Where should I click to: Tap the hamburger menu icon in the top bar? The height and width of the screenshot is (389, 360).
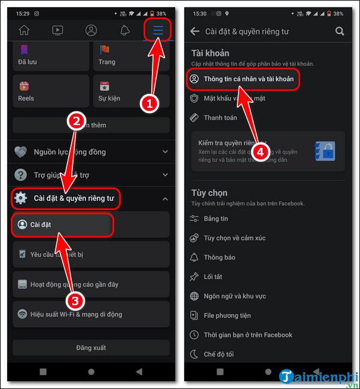coord(158,29)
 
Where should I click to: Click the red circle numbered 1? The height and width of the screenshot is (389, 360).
coord(148,103)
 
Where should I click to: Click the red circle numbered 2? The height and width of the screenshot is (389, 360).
coord(76,122)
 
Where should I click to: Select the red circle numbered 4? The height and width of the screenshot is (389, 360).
coord(260,152)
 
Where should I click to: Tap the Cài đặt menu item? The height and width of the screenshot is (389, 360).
coord(63,224)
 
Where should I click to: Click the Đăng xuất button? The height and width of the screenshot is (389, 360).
coord(90,348)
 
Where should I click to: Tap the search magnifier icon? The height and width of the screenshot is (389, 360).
coord(340,31)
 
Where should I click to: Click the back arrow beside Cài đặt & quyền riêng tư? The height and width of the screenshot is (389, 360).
coord(195,31)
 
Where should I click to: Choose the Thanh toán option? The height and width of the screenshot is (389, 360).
coord(220,117)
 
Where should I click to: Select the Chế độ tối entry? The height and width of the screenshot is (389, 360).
coord(219,354)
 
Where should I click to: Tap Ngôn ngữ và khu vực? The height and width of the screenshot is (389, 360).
coord(234,296)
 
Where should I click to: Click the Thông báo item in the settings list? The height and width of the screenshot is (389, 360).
coord(219,257)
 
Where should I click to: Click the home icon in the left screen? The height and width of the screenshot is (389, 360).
coord(24,29)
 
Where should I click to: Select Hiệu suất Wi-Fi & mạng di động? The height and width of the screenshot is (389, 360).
coord(76,314)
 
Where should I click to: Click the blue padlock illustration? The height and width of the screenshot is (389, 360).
coord(325,151)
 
